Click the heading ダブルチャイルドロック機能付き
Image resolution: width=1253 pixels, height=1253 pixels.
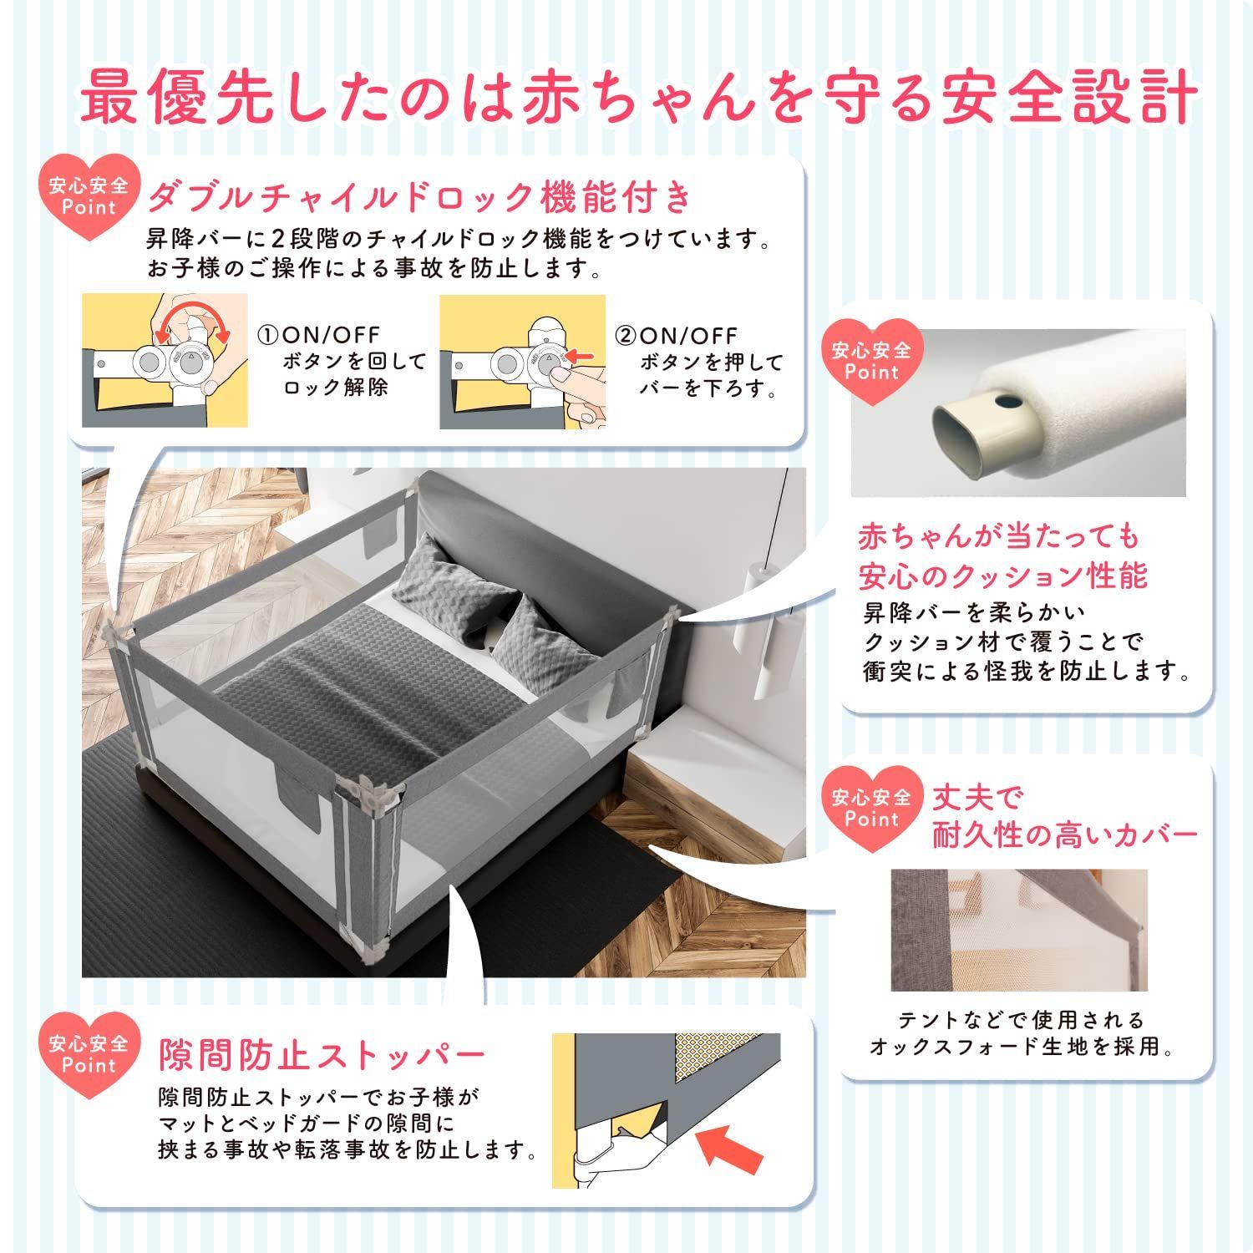(x=420, y=197)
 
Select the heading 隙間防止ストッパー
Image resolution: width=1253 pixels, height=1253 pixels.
(x=322, y=1055)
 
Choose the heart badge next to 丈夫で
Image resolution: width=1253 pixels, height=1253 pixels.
(x=871, y=808)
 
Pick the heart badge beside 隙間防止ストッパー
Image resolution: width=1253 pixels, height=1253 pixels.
(x=89, y=1054)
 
